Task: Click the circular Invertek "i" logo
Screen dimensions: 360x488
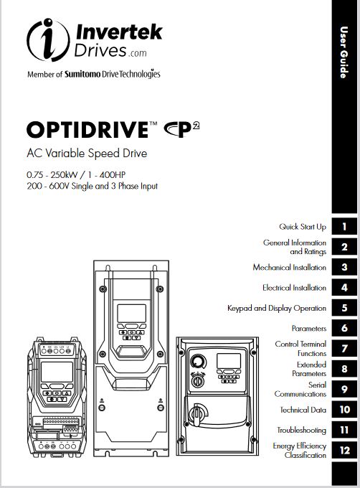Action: (48, 40)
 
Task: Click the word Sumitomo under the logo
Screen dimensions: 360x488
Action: (82, 74)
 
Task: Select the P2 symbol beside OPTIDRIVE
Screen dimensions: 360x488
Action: (182, 129)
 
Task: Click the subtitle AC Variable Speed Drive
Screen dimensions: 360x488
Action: (87, 153)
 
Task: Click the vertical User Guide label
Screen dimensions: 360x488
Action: (344, 52)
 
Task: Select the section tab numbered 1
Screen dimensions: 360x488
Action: (344, 226)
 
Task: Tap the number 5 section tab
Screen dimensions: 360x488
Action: (344, 308)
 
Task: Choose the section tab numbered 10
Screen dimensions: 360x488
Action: (344, 410)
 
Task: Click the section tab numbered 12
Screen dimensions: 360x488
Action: (344, 450)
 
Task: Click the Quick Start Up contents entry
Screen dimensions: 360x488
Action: (303, 227)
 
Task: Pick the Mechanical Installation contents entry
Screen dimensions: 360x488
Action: (290, 268)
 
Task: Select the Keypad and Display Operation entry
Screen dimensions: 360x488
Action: (277, 308)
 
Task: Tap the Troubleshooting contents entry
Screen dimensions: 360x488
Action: (302, 430)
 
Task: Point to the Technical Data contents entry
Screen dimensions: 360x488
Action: (303, 410)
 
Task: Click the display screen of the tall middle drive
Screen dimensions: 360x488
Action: (131, 313)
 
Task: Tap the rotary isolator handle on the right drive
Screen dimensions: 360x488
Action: (197, 414)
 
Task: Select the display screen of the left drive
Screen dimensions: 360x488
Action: (57, 372)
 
